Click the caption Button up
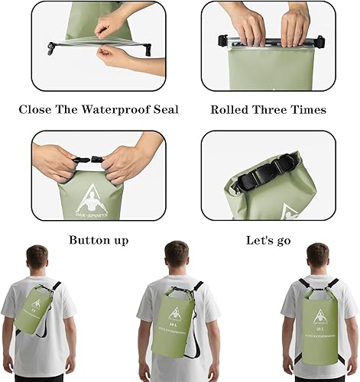[99, 240]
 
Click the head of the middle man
[177, 254]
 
